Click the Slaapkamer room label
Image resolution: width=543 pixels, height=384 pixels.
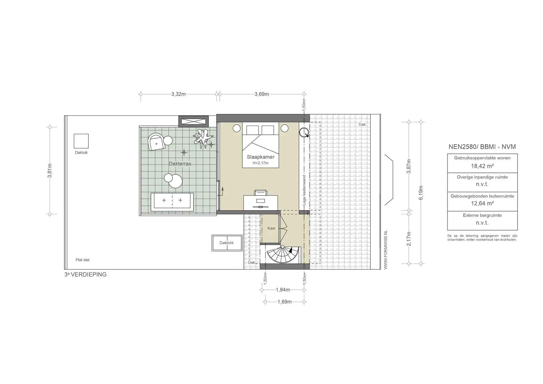coord(260,157)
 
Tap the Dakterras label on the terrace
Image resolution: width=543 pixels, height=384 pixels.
coord(180,164)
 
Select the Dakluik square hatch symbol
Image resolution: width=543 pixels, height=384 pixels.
coord(81,141)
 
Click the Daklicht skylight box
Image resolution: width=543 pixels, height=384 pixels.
coord(227,243)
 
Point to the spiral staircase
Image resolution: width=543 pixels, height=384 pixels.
coord(283,255)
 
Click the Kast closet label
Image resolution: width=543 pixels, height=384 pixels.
coord(271,228)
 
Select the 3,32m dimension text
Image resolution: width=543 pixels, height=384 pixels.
coord(178,94)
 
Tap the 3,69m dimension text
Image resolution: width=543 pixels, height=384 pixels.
coord(262,94)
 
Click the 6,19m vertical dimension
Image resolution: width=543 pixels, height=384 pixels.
coord(421,193)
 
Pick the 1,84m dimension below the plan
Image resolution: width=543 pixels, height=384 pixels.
coord(283,290)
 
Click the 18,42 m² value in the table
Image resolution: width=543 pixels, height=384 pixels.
coord(482,166)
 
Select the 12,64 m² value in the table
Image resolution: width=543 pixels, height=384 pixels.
coord(482,204)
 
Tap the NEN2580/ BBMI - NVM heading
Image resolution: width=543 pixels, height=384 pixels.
coord(482,147)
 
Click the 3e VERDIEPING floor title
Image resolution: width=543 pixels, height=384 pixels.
coord(85,275)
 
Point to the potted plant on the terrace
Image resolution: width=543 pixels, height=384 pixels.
coord(203,138)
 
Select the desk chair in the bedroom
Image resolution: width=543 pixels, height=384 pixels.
coord(260,193)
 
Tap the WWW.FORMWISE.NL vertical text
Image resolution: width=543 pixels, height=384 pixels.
coord(386,250)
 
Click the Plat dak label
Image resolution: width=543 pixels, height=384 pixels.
coord(82,260)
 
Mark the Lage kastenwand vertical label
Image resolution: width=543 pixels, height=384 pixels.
coord(304,190)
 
